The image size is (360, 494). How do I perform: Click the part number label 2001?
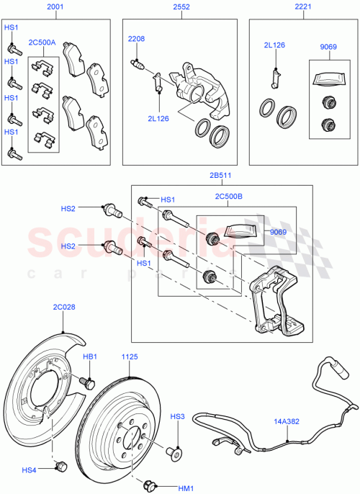click(55, 6)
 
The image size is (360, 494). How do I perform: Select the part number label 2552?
click(181, 6)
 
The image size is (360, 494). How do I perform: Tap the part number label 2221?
click(303, 6)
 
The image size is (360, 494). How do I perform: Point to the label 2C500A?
click(42, 43)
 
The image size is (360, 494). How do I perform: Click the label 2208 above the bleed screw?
click(137, 38)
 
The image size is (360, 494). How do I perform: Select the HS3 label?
click(177, 417)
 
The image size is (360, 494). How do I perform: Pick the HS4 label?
click(29, 471)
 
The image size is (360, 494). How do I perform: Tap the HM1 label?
click(186, 488)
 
